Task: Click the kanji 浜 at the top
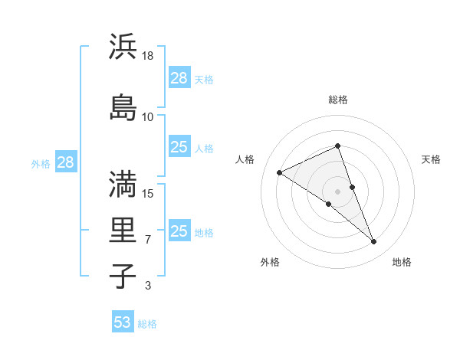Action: click(x=123, y=47)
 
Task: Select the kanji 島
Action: click(x=123, y=107)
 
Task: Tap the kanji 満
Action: click(x=123, y=183)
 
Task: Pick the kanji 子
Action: click(x=123, y=277)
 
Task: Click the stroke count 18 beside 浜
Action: click(x=149, y=56)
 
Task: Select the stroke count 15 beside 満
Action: click(x=149, y=193)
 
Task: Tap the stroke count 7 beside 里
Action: click(x=148, y=241)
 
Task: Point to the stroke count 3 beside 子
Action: click(x=148, y=286)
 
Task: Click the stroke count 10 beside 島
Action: click(x=148, y=117)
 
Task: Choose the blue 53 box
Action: click(x=123, y=322)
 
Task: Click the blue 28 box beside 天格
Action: click(x=179, y=78)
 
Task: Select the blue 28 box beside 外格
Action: click(x=65, y=162)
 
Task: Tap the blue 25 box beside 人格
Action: click(x=179, y=147)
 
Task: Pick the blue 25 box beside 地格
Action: click(x=179, y=231)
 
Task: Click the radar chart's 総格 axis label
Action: click(x=338, y=100)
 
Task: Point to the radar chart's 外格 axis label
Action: click(x=270, y=262)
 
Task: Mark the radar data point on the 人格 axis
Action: click(x=280, y=172)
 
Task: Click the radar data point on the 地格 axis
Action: click(x=374, y=242)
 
